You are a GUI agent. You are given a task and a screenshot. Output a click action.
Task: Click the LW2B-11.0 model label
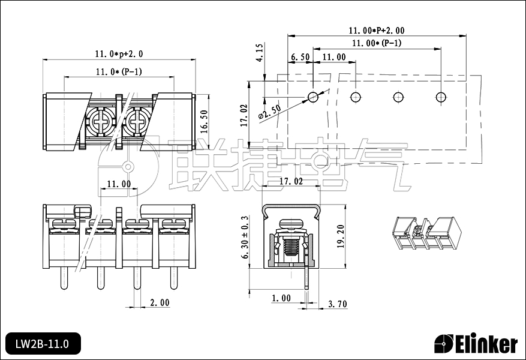pyautogui.click(x=42, y=344)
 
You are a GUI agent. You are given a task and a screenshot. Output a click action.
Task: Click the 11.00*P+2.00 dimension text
pyautogui.click(x=377, y=30)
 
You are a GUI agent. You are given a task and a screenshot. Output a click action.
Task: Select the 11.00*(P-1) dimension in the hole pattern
pyautogui.click(x=377, y=43)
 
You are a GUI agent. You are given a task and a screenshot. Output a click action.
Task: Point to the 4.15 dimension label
pyautogui.click(x=259, y=53)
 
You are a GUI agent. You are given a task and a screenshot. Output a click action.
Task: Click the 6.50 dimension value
pyautogui.click(x=300, y=57)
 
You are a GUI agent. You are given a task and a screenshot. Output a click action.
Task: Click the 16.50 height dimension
pyautogui.click(x=204, y=121)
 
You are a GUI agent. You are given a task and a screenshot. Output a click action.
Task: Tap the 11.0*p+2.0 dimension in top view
pyautogui.click(x=119, y=54)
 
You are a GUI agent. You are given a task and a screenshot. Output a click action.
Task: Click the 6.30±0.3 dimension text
pyautogui.click(x=245, y=237)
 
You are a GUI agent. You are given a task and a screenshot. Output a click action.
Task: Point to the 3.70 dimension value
pyautogui.click(x=337, y=304)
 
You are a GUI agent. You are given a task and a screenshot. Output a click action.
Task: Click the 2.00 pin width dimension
pyautogui.click(x=159, y=303)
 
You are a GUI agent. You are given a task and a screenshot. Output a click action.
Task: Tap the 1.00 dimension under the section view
pyautogui.click(x=281, y=298)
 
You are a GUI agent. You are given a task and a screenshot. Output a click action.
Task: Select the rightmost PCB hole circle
pyautogui.click(x=441, y=97)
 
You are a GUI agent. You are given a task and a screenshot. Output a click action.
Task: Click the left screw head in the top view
pyautogui.click(x=100, y=121)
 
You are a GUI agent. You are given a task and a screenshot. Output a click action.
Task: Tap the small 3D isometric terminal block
pyautogui.click(x=426, y=232)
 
